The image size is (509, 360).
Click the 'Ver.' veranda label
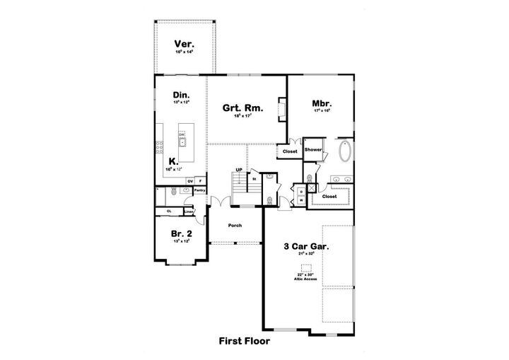click(185, 45)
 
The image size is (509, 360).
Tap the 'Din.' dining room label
click(182, 94)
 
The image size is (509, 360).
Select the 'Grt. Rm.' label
click(243, 108)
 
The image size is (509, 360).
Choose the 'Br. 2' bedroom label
click(181, 233)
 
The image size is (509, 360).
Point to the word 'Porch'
click(235, 226)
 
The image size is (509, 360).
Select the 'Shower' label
click(313, 150)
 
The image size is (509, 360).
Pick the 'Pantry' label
click(199, 190)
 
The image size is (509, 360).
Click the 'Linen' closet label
click(189, 211)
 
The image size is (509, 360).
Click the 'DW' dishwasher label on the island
click(182, 134)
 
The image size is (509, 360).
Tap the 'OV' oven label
click(189, 181)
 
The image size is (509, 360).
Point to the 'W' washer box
click(300, 199)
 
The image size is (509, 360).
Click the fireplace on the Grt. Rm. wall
click(282, 109)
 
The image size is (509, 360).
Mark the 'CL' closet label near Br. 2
click(169, 211)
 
